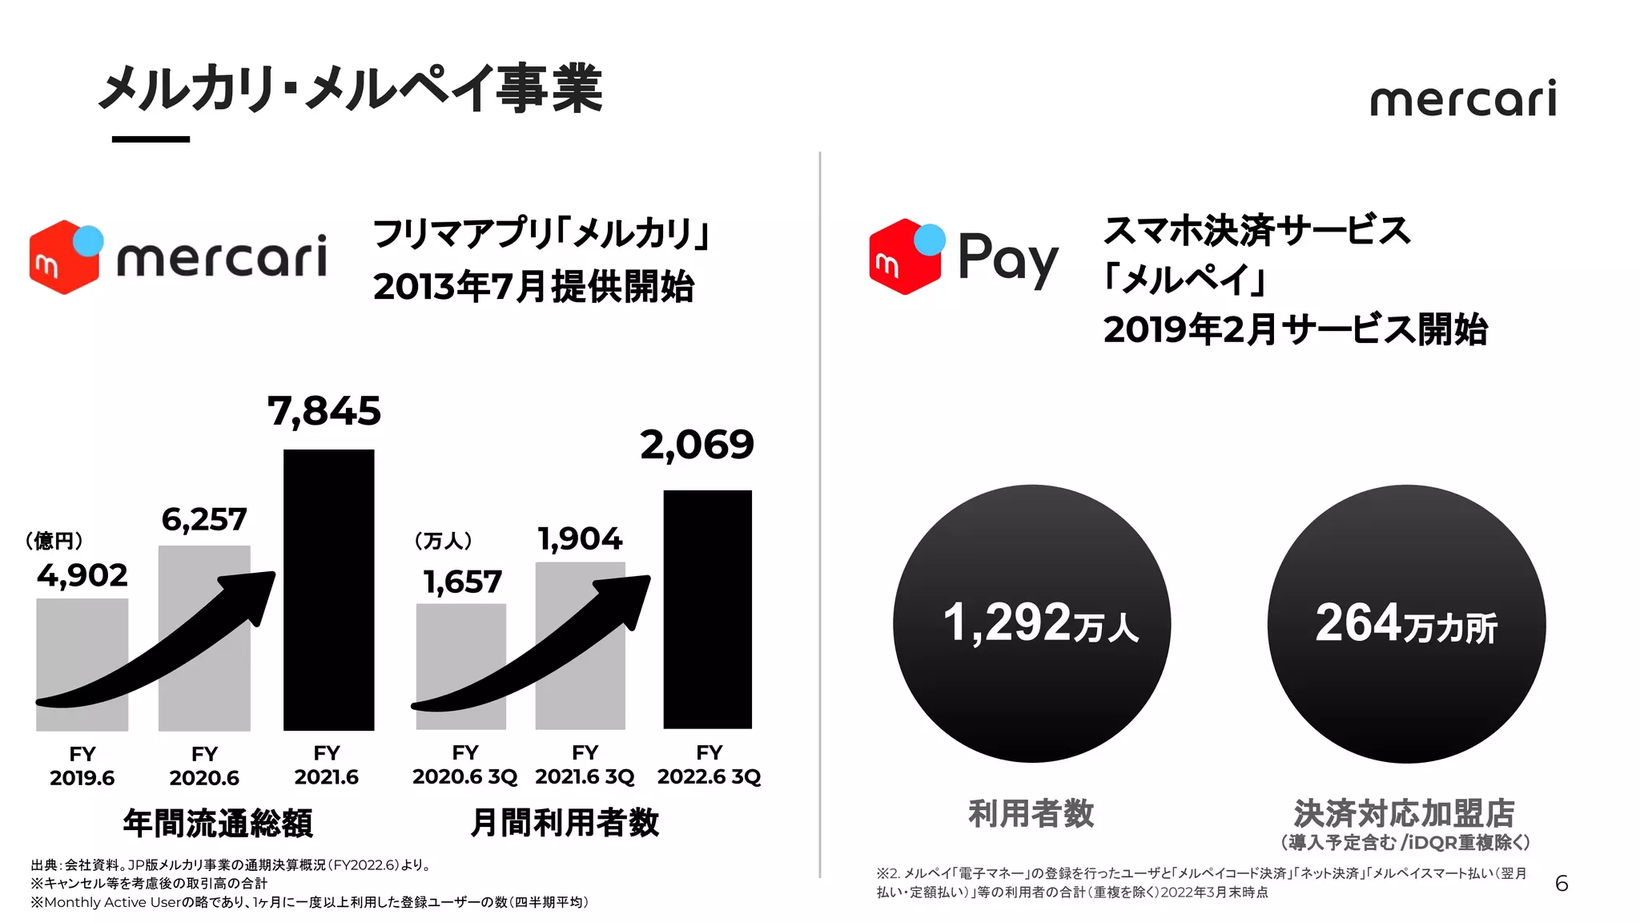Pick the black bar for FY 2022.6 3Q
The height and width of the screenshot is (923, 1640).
[x=708, y=609]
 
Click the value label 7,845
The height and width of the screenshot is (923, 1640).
[x=324, y=412]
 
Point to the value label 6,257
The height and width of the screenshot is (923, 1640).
[x=204, y=520]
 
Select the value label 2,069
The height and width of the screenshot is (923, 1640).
[x=697, y=445]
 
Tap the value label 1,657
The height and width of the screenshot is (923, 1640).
[x=462, y=582]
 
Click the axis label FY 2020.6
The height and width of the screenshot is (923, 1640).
[x=204, y=766]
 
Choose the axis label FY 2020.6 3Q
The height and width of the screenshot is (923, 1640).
[x=464, y=764]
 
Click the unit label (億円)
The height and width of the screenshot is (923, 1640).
[x=54, y=541]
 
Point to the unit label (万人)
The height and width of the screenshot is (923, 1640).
[x=443, y=541]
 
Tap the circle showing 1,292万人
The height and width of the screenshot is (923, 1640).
[x=1031, y=623]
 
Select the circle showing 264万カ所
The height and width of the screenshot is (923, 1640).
[x=1406, y=623]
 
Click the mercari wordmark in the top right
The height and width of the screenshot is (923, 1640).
[x=1463, y=99]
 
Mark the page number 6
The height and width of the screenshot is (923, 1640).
[x=1561, y=884]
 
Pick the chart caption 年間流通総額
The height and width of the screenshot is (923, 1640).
[x=218, y=823]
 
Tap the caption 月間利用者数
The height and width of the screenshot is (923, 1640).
[x=565, y=822]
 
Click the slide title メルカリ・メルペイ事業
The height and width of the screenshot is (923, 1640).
[x=350, y=88]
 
